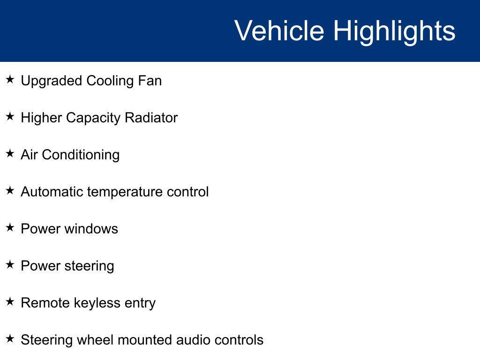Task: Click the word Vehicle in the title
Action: [279, 30]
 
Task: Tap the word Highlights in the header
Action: [394, 32]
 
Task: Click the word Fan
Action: [150, 81]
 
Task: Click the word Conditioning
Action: [81, 156]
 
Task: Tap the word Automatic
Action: [52, 192]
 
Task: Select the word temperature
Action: [125, 193]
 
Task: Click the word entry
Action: [140, 304]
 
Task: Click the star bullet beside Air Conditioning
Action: [10, 153]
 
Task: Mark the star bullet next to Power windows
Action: [10, 227]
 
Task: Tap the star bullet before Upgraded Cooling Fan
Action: [10, 79]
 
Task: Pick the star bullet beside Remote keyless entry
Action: [10, 301]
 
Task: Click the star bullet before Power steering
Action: [10, 264]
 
